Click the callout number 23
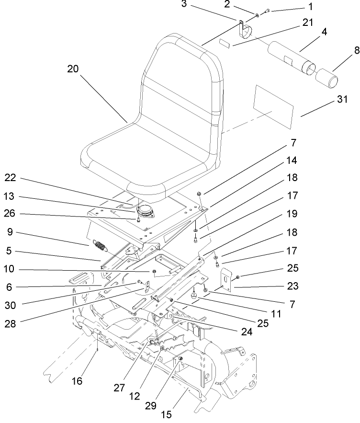point(293,287)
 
